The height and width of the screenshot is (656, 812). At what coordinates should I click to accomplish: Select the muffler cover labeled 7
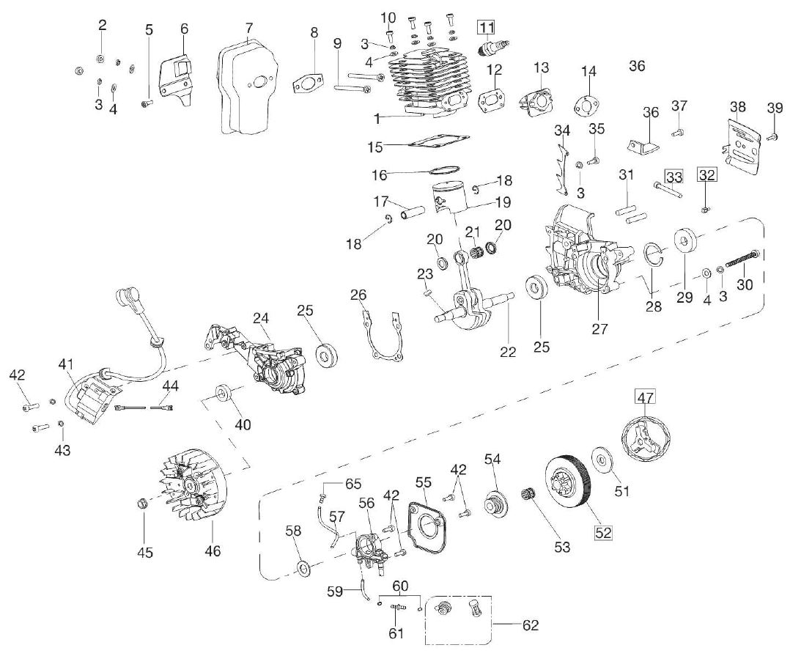(x=248, y=86)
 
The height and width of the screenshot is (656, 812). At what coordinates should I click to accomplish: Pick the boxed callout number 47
(x=644, y=398)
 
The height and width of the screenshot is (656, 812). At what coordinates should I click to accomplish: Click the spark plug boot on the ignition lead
(x=128, y=301)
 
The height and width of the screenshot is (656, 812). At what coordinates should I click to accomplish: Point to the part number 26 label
(x=358, y=295)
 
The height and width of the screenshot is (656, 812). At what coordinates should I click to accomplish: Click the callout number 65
(x=353, y=483)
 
